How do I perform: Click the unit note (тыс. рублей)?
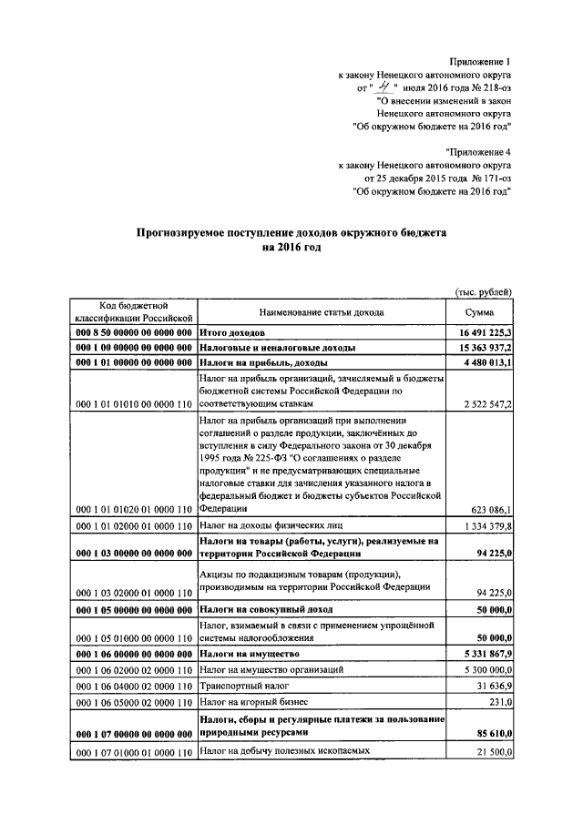[483, 291]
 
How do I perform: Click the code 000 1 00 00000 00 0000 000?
[131, 349]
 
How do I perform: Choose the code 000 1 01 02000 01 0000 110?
[131, 526]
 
